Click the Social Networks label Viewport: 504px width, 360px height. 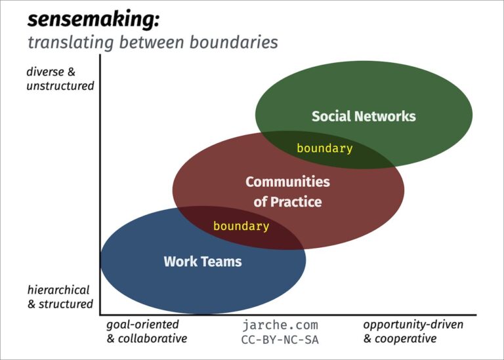click(364, 117)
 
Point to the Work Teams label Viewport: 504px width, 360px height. click(202, 262)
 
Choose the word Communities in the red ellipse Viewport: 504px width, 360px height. click(287, 182)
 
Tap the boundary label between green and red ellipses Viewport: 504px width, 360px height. click(324, 149)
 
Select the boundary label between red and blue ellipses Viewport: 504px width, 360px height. click(241, 227)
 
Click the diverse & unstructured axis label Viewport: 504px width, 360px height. click(60, 79)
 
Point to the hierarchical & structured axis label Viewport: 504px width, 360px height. click(60, 297)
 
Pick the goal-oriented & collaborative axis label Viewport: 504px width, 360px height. click(146, 332)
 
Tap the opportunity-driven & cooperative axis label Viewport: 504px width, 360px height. click(413, 332)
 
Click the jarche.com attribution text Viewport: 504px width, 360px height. click(280, 325)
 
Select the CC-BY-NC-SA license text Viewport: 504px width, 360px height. click(280, 340)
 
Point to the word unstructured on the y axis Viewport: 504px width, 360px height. click(60, 86)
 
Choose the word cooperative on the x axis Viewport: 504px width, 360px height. click(405, 339)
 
